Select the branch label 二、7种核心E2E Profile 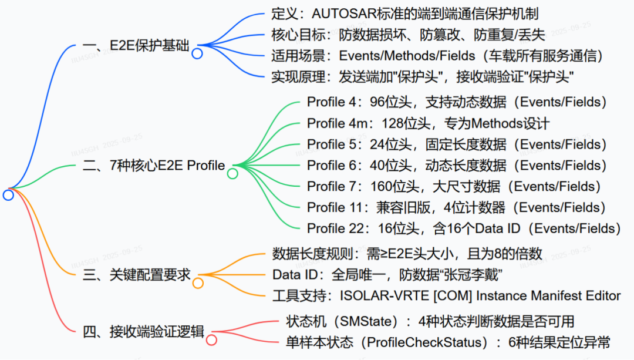(154, 166)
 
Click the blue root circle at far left (8, 195)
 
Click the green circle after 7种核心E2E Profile (232, 173)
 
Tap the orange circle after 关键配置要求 (198, 283)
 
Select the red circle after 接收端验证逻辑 (211, 339)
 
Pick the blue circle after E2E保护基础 (197, 53)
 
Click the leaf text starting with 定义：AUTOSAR (405, 14)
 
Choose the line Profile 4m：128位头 (428, 123)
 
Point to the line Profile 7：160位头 (454, 187)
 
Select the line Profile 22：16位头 (464, 228)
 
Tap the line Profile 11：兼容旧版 (456, 207)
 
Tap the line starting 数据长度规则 (407, 254)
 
